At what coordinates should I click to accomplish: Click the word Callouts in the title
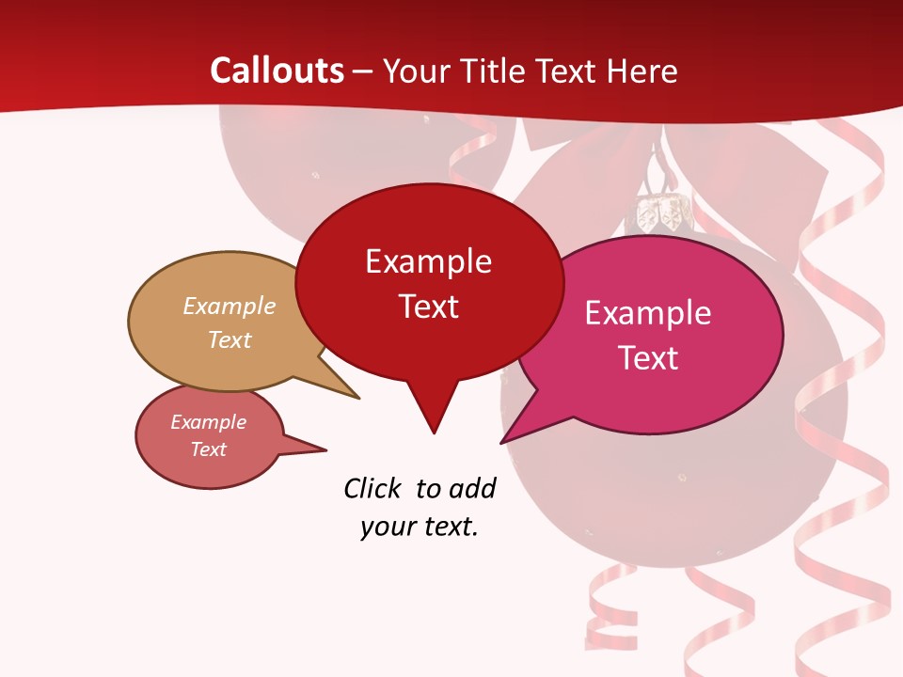click(x=277, y=71)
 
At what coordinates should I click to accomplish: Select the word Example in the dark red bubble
click(x=428, y=261)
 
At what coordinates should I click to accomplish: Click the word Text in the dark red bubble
click(x=429, y=307)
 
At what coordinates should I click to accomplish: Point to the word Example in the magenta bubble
click(x=648, y=313)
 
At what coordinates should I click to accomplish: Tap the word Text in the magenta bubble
click(x=648, y=358)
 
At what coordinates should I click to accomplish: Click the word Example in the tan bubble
click(x=230, y=307)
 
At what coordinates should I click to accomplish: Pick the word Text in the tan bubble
click(x=230, y=339)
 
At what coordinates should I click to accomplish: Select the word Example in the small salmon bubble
click(x=208, y=422)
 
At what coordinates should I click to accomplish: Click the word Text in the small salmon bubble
click(x=208, y=449)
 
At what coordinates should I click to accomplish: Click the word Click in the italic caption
click(x=372, y=488)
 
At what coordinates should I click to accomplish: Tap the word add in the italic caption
click(x=472, y=488)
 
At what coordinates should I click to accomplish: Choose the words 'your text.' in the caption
click(x=420, y=527)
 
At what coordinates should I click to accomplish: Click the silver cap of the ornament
click(x=660, y=215)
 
